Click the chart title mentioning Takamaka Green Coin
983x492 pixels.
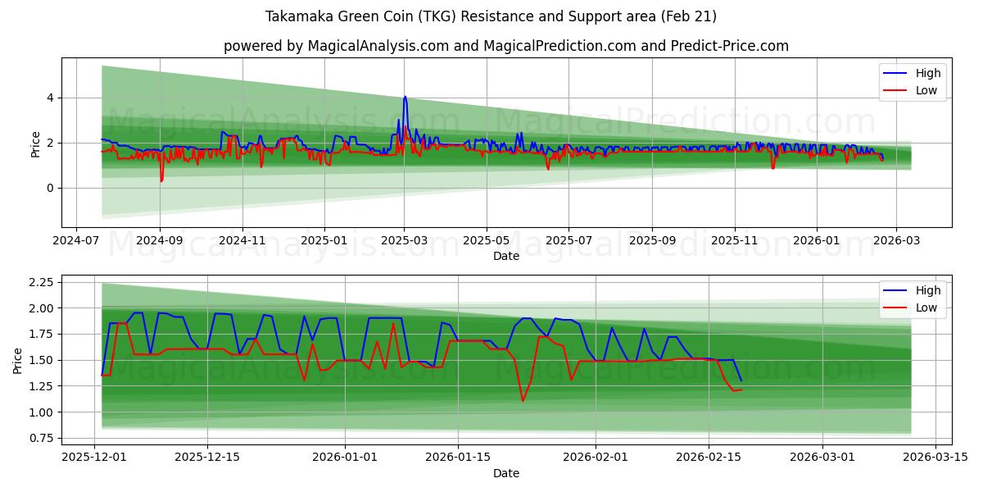[491, 16]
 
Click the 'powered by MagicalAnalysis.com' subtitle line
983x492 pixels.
[506, 46]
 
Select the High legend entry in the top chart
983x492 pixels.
[913, 73]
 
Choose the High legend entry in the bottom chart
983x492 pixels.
[913, 290]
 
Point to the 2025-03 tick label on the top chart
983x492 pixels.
[404, 241]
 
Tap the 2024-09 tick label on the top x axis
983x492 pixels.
[160, 241]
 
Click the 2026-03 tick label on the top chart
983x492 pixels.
[896, 241]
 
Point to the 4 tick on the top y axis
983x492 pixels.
[51, 98]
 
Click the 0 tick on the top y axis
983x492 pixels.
[51, 188]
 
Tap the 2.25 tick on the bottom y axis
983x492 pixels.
[41, 282]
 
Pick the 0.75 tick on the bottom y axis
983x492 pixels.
[41, 438]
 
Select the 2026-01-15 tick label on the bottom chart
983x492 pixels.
[458, 458]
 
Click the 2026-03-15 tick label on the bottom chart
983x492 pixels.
[935, 458]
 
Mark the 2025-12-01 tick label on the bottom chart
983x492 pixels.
[94, 458]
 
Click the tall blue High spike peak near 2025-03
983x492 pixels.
[405, 97]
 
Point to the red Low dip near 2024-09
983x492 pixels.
[161, 180]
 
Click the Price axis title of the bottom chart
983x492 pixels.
[17, 361]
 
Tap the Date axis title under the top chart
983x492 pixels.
[506, 256]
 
